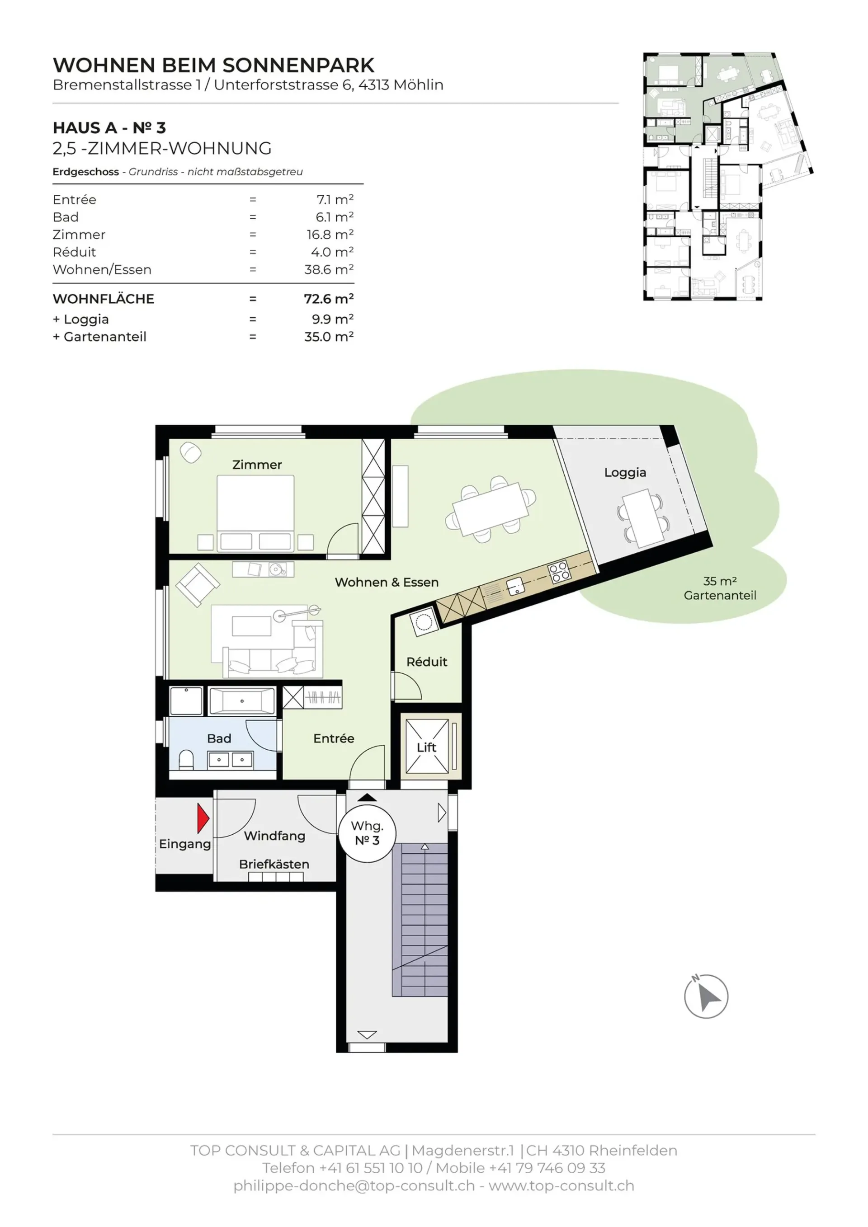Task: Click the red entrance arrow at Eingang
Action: (x=203, y=818)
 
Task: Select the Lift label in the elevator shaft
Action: (x=426, y=747)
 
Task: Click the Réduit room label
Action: (x=426, y=662)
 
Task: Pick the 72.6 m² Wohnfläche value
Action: (x=329, y=298)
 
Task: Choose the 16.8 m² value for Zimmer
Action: (x=330, y=235)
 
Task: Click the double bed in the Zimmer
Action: (x=255, y=512)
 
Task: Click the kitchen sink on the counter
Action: (x=515, y=586)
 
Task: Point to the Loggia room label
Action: (x=625, y=472)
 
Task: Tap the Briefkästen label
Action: (x=274, y=864)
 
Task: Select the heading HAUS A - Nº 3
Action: (x=109, y=128)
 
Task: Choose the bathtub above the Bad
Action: (x=242, y=700)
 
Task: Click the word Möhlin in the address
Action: (x=418, y=85)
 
